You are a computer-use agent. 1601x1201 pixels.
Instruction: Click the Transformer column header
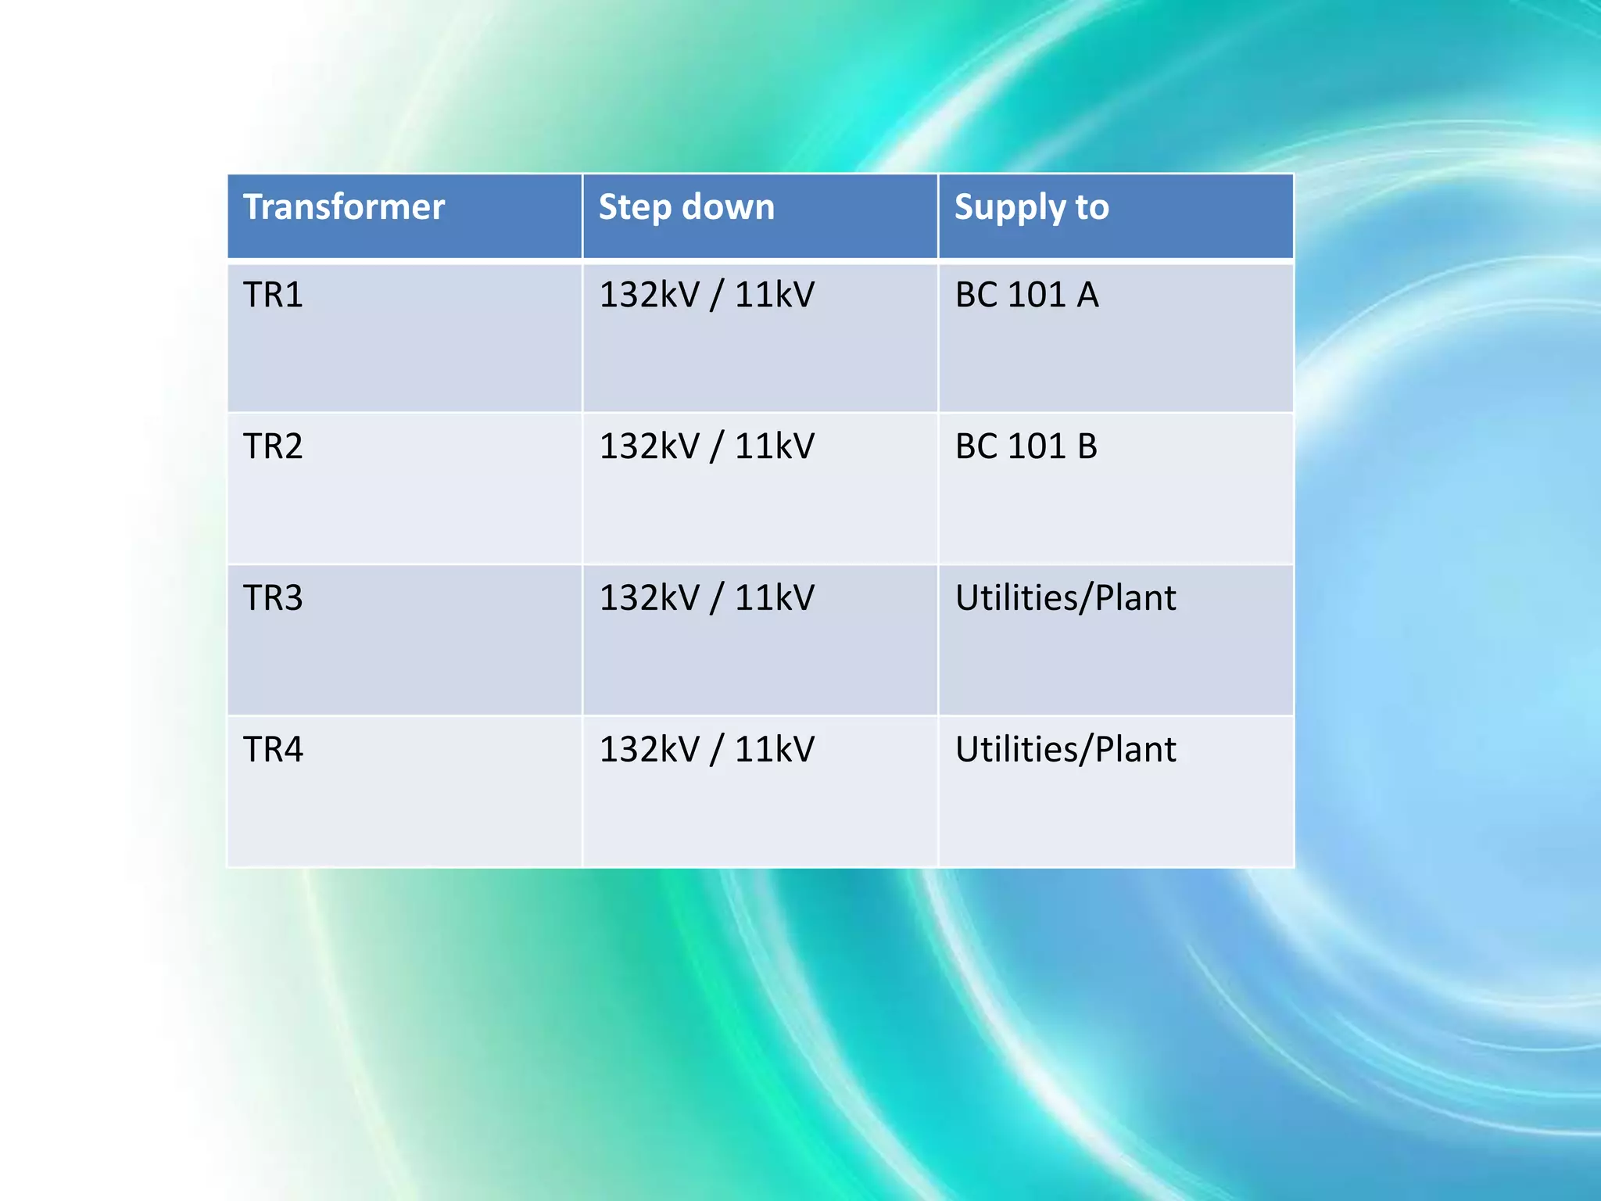click(x=344, y=207)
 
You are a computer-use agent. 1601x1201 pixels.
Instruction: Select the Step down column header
click(x=686, y=207)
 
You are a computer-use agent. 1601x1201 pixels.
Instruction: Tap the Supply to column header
click(x=1031, y=208)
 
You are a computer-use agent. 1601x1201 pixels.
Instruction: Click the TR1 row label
click(x=273, y=296)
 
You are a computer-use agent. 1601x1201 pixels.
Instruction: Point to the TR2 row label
click(x=273, y=446)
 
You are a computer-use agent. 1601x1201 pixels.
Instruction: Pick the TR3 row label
click(x=273, y=598)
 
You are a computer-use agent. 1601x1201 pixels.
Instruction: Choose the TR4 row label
click(x=273, y=750)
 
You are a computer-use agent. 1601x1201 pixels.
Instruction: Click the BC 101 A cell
click(x=1026, y=296)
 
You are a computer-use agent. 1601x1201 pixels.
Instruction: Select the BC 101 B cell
click(x=1026, y=446)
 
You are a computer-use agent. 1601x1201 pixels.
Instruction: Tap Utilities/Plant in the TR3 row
click(x=1066, y=598)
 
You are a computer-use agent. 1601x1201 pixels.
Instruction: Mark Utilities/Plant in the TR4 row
click(x=1066, y=750)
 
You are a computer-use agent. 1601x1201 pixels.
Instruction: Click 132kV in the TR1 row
click(x=650, y=296)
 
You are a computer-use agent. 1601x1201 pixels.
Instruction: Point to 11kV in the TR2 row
click(x=775, y=446)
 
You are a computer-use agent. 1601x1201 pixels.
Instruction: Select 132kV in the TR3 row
click(x=650, y=598)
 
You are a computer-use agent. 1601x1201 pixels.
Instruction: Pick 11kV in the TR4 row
click(x=775, y=750)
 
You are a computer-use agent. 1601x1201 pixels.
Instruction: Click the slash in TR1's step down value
click(x=717, y=297)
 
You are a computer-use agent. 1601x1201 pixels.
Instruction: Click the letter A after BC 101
click(x=1087, y=296)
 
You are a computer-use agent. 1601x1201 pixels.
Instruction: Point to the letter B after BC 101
click(x=1087, y=446)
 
